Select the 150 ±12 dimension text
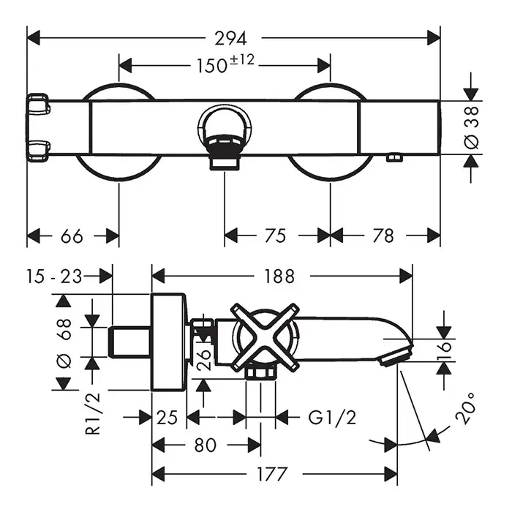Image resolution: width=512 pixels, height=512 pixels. coord(225,65)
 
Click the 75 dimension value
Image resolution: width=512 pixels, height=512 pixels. coord(274,236)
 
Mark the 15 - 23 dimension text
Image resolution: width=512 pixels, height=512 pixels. coord(53,276)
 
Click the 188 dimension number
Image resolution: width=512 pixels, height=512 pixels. coord(279,276)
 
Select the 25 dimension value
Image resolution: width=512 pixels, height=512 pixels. coord(167,418)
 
